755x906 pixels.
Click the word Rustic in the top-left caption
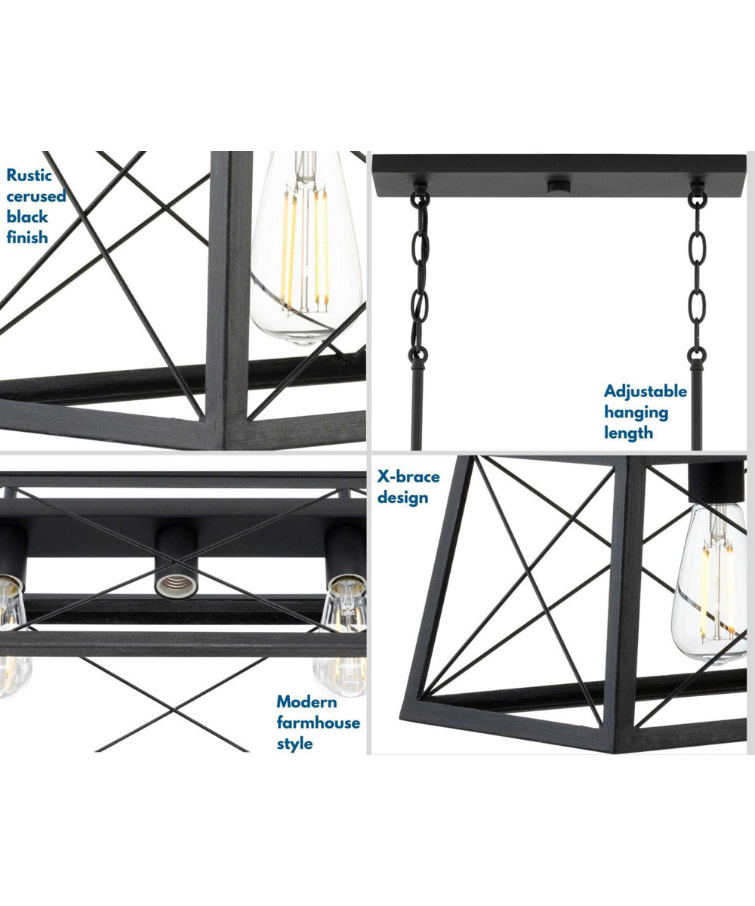[30, 176]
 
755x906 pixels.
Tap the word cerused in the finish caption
[36, 196]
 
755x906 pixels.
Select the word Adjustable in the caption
[646, 392]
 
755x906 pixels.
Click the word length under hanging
[628, 433]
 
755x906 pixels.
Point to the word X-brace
[408, 477]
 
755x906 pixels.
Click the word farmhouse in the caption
[318, 723]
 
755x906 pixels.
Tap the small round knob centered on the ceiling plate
[559, 183]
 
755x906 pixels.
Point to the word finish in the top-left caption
[27, 237]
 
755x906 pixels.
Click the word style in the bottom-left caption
[294, 744]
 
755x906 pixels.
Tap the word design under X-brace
[403, 498]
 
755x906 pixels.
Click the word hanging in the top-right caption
[636, 412]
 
